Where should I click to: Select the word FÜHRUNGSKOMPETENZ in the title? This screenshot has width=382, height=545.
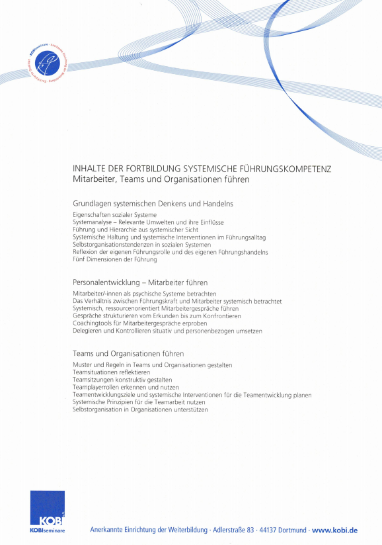(x=286, y=169)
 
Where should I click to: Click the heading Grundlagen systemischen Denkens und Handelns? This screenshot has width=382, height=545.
(x=153, y=204)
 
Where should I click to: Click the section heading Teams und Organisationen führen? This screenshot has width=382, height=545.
(x=128, y=354)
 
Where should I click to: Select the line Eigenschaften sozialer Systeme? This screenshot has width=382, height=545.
(x=114, y=215)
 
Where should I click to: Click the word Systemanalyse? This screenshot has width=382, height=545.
(x=93, y=222)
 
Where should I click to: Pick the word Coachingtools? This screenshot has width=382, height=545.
(x=93, y=323)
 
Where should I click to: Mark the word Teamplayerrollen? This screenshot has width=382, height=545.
(x=98, y=387)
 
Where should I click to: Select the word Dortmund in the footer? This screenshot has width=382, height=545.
(x=294, y=530)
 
